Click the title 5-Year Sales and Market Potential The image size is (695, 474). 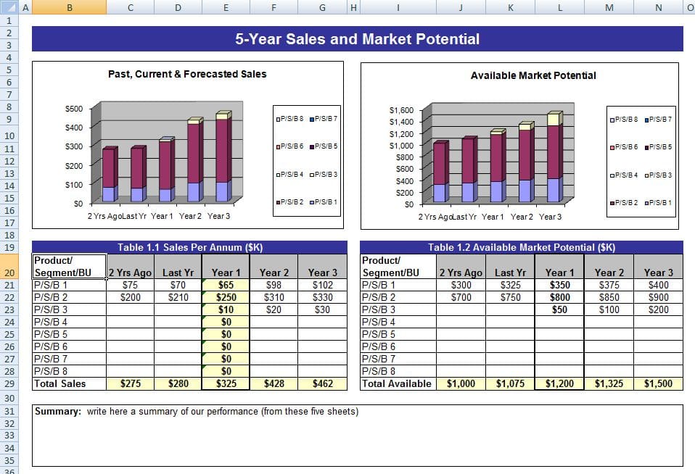coord(357,39)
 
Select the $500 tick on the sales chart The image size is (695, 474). coord(74,109)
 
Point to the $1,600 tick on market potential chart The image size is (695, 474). coord(401,110)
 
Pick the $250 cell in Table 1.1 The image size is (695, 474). coord(226,297)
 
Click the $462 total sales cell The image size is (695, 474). coord(323,384)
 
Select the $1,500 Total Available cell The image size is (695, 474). coord(658,384)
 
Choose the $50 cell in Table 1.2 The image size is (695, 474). coord(559,309)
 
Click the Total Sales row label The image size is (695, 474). coord(60,384)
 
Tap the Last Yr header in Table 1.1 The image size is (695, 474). coord(178,273)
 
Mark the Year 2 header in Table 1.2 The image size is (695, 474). coord(609,273)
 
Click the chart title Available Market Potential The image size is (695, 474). coord(533,75)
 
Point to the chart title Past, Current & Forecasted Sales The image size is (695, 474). coord(187,74)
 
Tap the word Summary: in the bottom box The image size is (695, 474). coord(57,412)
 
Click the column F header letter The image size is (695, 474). coord(274,7)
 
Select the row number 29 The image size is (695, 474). coord(9,384)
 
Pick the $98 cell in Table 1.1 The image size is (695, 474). coord(274,286)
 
